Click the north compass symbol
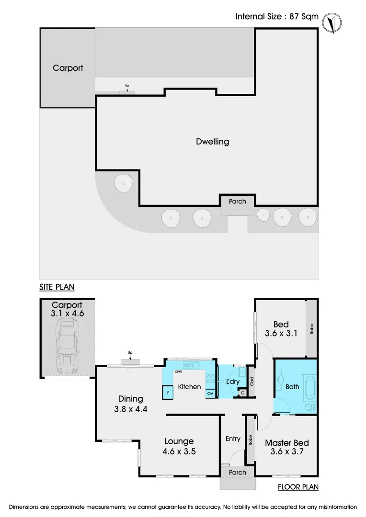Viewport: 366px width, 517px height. pyautogui.click(x=332, y=23)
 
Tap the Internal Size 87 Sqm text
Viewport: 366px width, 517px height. pyautogui.click(x=276, y=16)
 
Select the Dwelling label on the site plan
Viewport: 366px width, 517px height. pyautogui.click(x=212, y=142)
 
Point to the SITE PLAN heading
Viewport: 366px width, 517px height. pyautogui.click(x=57, y=287)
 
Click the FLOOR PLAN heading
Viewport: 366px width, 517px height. pyautogui.click(x=298, y=487)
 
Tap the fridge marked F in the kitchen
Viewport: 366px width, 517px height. pyautogui.click(x=168, y=393)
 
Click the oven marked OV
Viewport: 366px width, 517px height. pyautogui.click(x=210, y=393)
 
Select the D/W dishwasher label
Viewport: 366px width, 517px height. pyautogui.click(x=179, y=372)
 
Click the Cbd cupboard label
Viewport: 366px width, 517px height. pyautogui.click(x=252, y=382)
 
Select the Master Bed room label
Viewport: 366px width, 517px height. pyautogui.click(x=287, y=443)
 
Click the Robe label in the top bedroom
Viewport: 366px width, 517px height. pyautogui.click(x=311, y=329)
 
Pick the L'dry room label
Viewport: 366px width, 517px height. pyautogui.click(x=233, y=382)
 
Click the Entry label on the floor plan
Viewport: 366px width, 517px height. pyautogui.click(x=233, y=438)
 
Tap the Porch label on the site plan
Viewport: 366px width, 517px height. pyautogui.click(x=237, y=201)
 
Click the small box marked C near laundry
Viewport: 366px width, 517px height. pyautogui.click(x=242, y=393)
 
